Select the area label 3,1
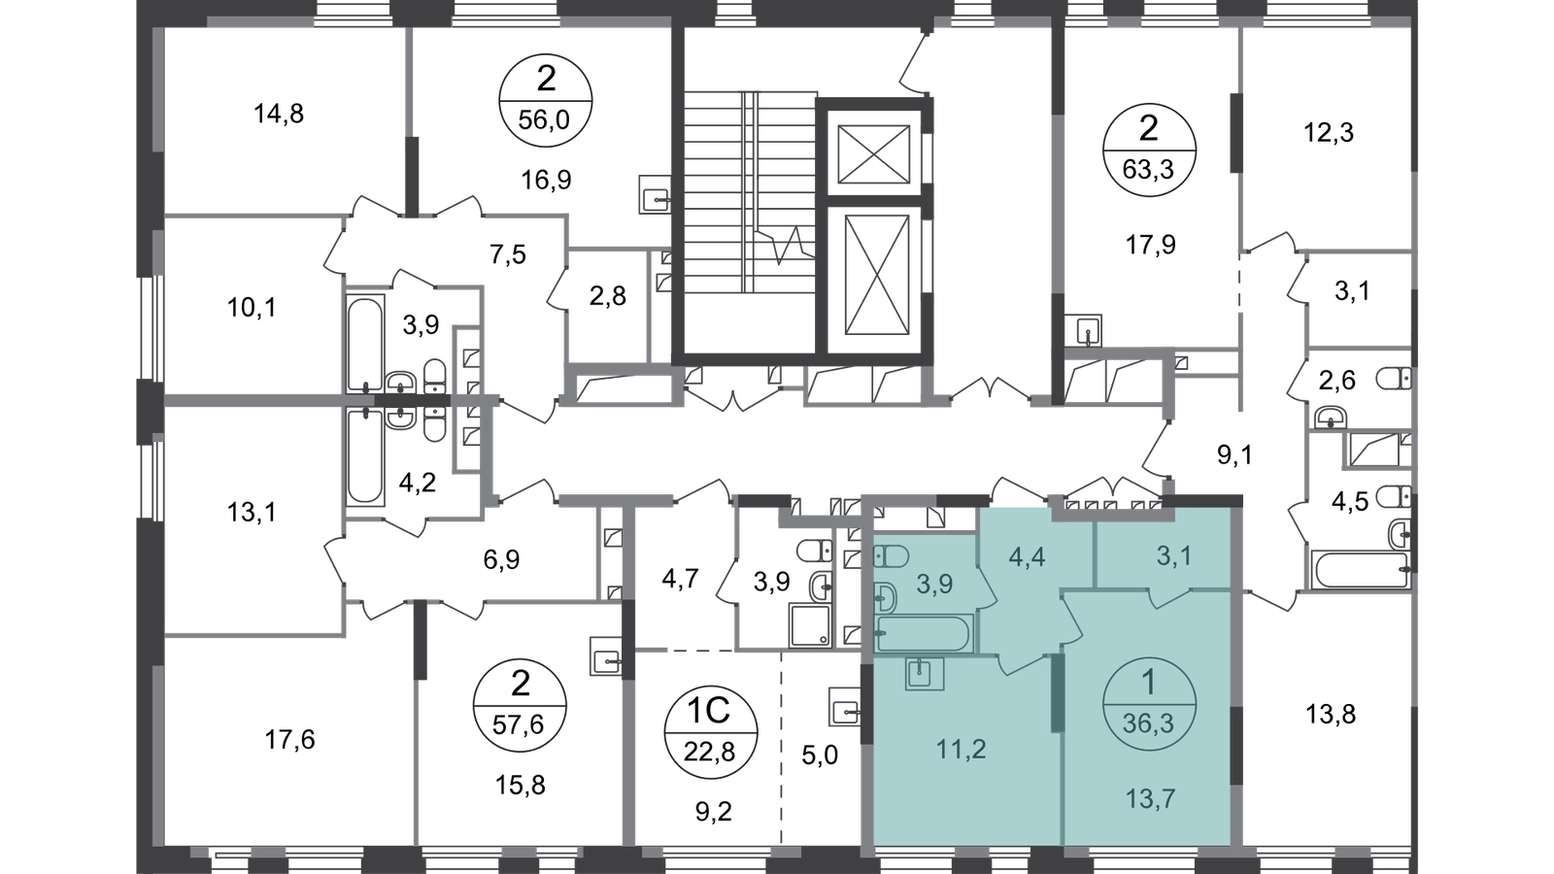(x=1172, y=557)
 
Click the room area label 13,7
(x=1149, y=798)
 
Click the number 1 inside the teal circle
(x=1149, y=682)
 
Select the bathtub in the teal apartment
(x=923, y=634)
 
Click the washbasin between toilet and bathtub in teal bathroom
(x=886, y=594)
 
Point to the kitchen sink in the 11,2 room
(x=925, y=672)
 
